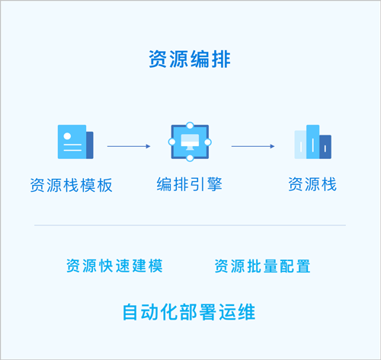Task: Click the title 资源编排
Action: (190, 59)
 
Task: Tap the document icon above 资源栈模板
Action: (75, 142)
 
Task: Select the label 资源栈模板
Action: (72, 185)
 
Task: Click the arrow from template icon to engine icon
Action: (129, 146)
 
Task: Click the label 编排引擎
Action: (190, 184)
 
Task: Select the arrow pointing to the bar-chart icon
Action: (253, 146)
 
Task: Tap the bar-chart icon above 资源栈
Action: (312, 142)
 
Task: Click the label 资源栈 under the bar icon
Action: (312, 184)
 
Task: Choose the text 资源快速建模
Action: (114, 266)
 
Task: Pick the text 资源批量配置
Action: (262, 266)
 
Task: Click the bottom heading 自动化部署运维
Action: (189, 312)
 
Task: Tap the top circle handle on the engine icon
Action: (190, 126)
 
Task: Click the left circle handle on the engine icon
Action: (171, 142)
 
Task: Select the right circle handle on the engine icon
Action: (208, 142)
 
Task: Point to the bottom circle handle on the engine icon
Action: (190, 158)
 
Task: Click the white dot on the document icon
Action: (67, 136)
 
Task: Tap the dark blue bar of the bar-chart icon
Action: (325, 147)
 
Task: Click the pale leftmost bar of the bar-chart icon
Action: (300, 145)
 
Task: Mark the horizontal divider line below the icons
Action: (190, 225)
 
